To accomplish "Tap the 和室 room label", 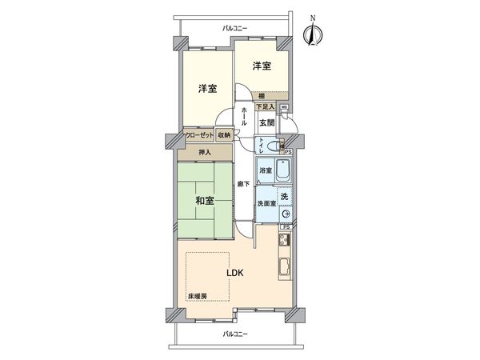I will [x=205, y=201].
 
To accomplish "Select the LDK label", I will [x=234, y=272].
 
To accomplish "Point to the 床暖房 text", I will [x=198, y=297].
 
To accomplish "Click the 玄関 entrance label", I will [x=266, y=122].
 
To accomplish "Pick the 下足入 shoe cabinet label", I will [x=266, y=106].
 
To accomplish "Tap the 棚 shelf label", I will [x=262, y=96].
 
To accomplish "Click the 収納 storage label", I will [x=223, y=135].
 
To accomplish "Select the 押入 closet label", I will [x=206, y=151].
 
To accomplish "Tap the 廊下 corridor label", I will [x=243, y=185].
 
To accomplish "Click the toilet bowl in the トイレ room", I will [x=275, y=146].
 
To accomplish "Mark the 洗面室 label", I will [x=266, y=204].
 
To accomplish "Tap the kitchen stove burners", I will [x=283, y=240].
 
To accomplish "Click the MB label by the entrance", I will [x=284, y=106].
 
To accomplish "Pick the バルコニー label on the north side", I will [x=234, y=28].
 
